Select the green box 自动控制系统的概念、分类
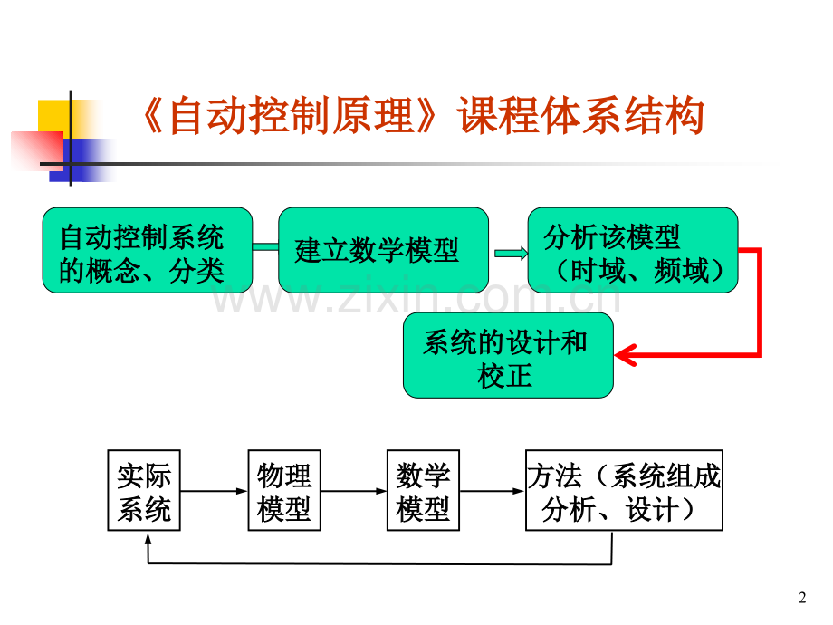(x=148, y=250)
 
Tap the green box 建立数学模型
(x=383, y=250)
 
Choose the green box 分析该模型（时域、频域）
(x=633, y=250)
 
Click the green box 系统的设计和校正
(x=508, y=355)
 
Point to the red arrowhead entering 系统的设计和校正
(x=626, y=354)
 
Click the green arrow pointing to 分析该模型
(x=511, y=254)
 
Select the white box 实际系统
(x=144, y=490)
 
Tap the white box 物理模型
(x=284, y=490)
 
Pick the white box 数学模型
(x=424, y=490)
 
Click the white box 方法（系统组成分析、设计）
(x=624, y=490)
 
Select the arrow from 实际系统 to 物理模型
(x=214, y=491)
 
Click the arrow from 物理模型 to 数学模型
(x=354, y=491)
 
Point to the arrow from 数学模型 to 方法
(x=493, y=491)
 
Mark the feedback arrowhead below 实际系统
(x=148, y=539)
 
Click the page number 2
(x=802, y=598)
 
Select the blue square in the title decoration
(x=80, y=160)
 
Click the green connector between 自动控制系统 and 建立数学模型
(x=265, y=246)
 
